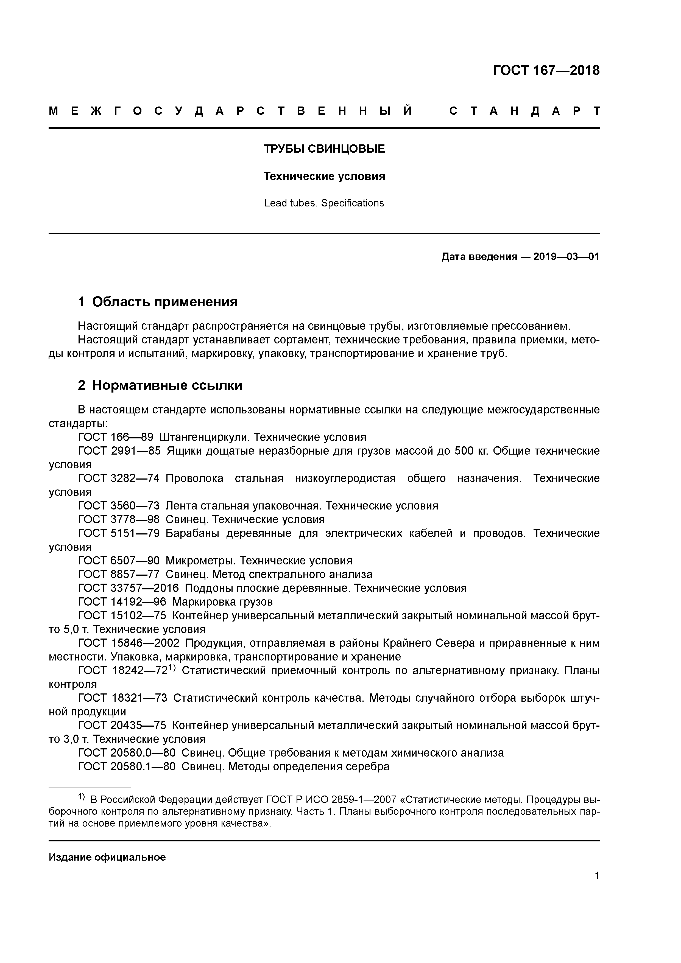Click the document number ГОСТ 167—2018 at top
point(546,71)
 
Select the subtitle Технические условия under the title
point(324,177)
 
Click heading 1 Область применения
point(158,302)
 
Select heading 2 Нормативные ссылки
point(160,385)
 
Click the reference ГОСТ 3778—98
point(119,520)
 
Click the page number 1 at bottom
point(597,876)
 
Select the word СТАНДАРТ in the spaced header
point(524,111)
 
